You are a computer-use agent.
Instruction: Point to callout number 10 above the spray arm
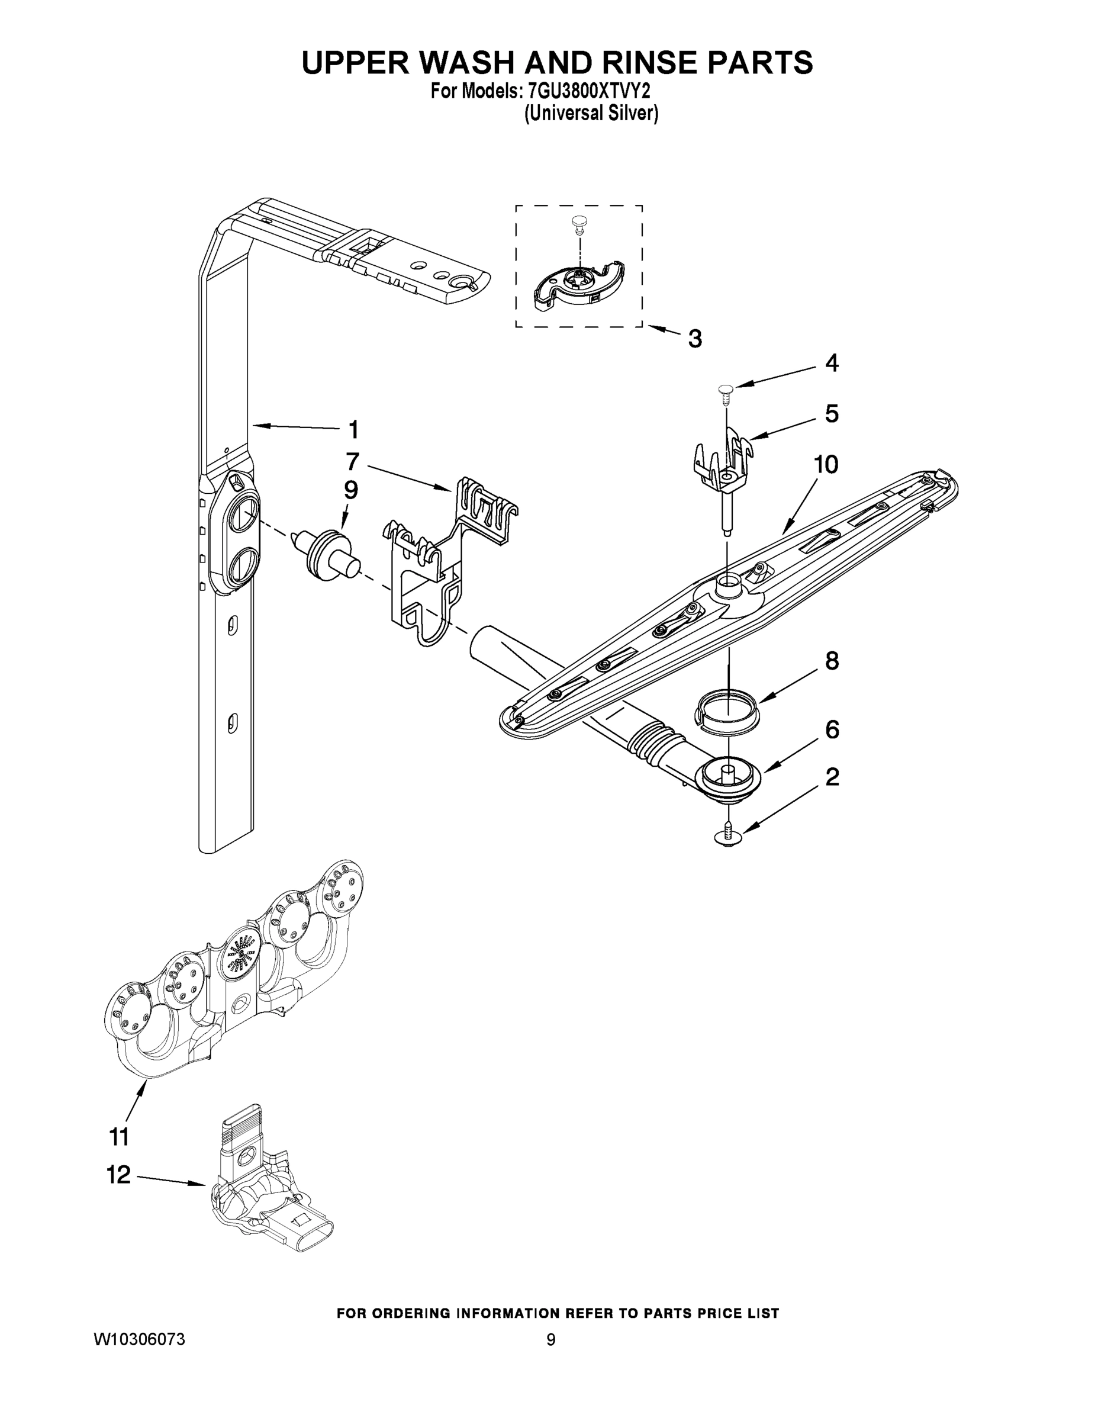pos(826,465)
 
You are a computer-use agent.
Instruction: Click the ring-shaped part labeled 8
pos(727,711)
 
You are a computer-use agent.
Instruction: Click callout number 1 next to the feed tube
pos(353,429)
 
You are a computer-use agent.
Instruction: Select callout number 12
pos(118,1175)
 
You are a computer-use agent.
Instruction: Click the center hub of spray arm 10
pos(727,589)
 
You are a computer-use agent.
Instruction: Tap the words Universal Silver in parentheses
pos(591,114)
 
